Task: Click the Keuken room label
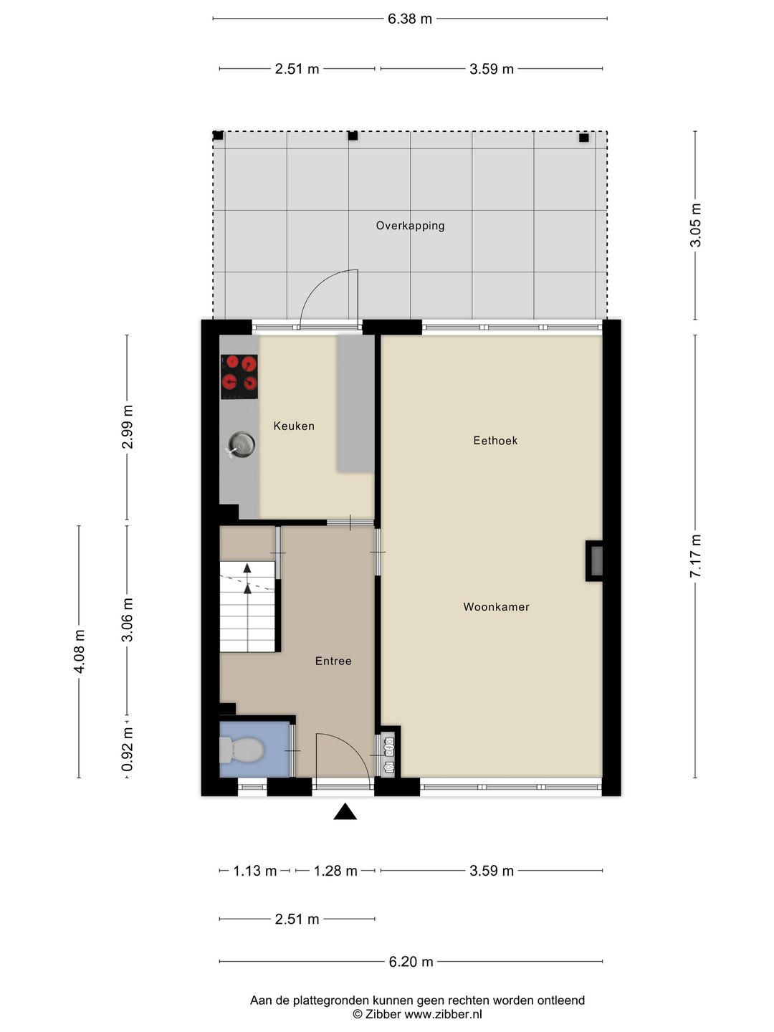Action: pos(294,426)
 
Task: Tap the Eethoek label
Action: pos(495,441)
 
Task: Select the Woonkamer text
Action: pos(496,607)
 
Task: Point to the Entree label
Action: pos(333,661)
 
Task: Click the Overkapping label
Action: pos(410,226)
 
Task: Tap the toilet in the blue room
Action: pos(241,750)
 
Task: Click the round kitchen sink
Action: pos(242,444)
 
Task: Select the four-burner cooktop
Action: pos(239,377)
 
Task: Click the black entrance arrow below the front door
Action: pos(345,811)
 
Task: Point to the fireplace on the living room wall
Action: pos(595,561)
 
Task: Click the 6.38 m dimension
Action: pos(410,19)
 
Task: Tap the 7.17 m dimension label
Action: pos(695,557)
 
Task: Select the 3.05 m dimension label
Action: pos(695,225)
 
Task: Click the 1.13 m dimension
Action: pos(254,871)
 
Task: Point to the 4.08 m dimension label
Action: pos(79,651)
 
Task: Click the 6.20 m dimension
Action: pos(411,962)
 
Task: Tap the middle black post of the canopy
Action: pos(353,136)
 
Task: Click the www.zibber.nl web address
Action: pos(443,1014)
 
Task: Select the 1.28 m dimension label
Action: pos(335,871)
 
